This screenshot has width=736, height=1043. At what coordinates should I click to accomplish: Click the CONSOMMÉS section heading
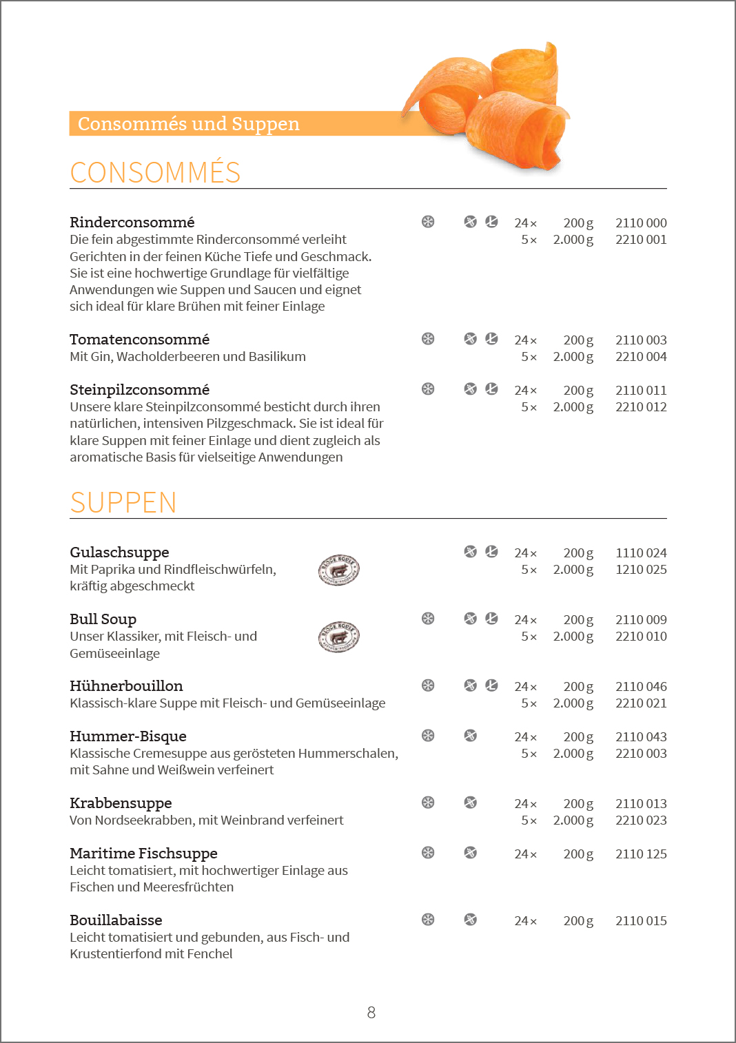coord(155,172)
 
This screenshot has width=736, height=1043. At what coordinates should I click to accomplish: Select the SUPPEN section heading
coord(123,502)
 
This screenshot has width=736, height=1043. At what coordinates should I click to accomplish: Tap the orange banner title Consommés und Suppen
coord(188,124)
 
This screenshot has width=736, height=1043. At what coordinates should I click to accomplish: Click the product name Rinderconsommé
coord(132,222)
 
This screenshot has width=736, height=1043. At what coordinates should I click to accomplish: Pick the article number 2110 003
coord(641,340)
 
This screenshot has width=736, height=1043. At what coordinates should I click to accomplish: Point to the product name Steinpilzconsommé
coord(139,390)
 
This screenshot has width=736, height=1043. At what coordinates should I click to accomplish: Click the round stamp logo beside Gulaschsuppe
coord(339,570)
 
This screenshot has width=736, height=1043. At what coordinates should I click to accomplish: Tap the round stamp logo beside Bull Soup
coord(339,637)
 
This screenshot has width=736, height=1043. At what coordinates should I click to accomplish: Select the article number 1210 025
coord(641,570)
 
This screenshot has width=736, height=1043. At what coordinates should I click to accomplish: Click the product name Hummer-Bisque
coord(128,736)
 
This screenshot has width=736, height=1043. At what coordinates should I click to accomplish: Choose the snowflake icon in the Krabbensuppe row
coord(428,803)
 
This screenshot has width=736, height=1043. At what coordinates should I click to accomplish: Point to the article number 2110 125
coord(641,854)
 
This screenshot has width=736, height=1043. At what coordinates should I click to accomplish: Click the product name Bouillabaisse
coord(116,920)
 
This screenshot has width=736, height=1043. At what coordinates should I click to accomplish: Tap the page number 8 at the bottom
coord(371,1013)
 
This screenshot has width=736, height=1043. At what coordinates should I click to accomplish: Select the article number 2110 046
coord(641,687)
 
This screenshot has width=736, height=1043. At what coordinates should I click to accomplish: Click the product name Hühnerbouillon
coord(126,686)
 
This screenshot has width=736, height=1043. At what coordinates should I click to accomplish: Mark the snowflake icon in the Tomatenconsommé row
coord(428,339)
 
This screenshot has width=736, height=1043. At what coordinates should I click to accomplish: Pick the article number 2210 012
coord(641,407)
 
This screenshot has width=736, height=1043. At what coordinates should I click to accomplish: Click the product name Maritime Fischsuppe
coord(143,854)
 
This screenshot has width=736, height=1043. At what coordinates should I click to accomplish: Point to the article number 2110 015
coord(641,921)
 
